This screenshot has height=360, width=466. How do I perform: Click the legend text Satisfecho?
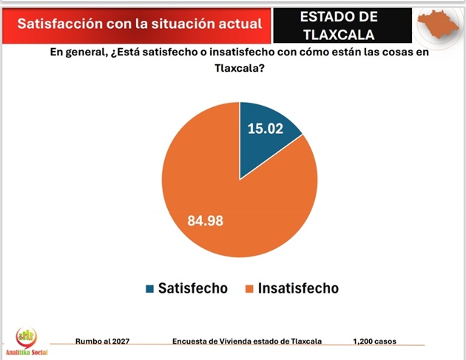pyautogui.click(x=192, y=288)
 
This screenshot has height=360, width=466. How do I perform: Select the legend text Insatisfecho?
pyautogui.click(x=298, y=288)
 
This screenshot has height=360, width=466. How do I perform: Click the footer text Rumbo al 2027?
pyautogui.click(x=104, y=342)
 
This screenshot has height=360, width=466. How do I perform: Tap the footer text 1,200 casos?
pyautogui.click(x=374, y=342)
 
